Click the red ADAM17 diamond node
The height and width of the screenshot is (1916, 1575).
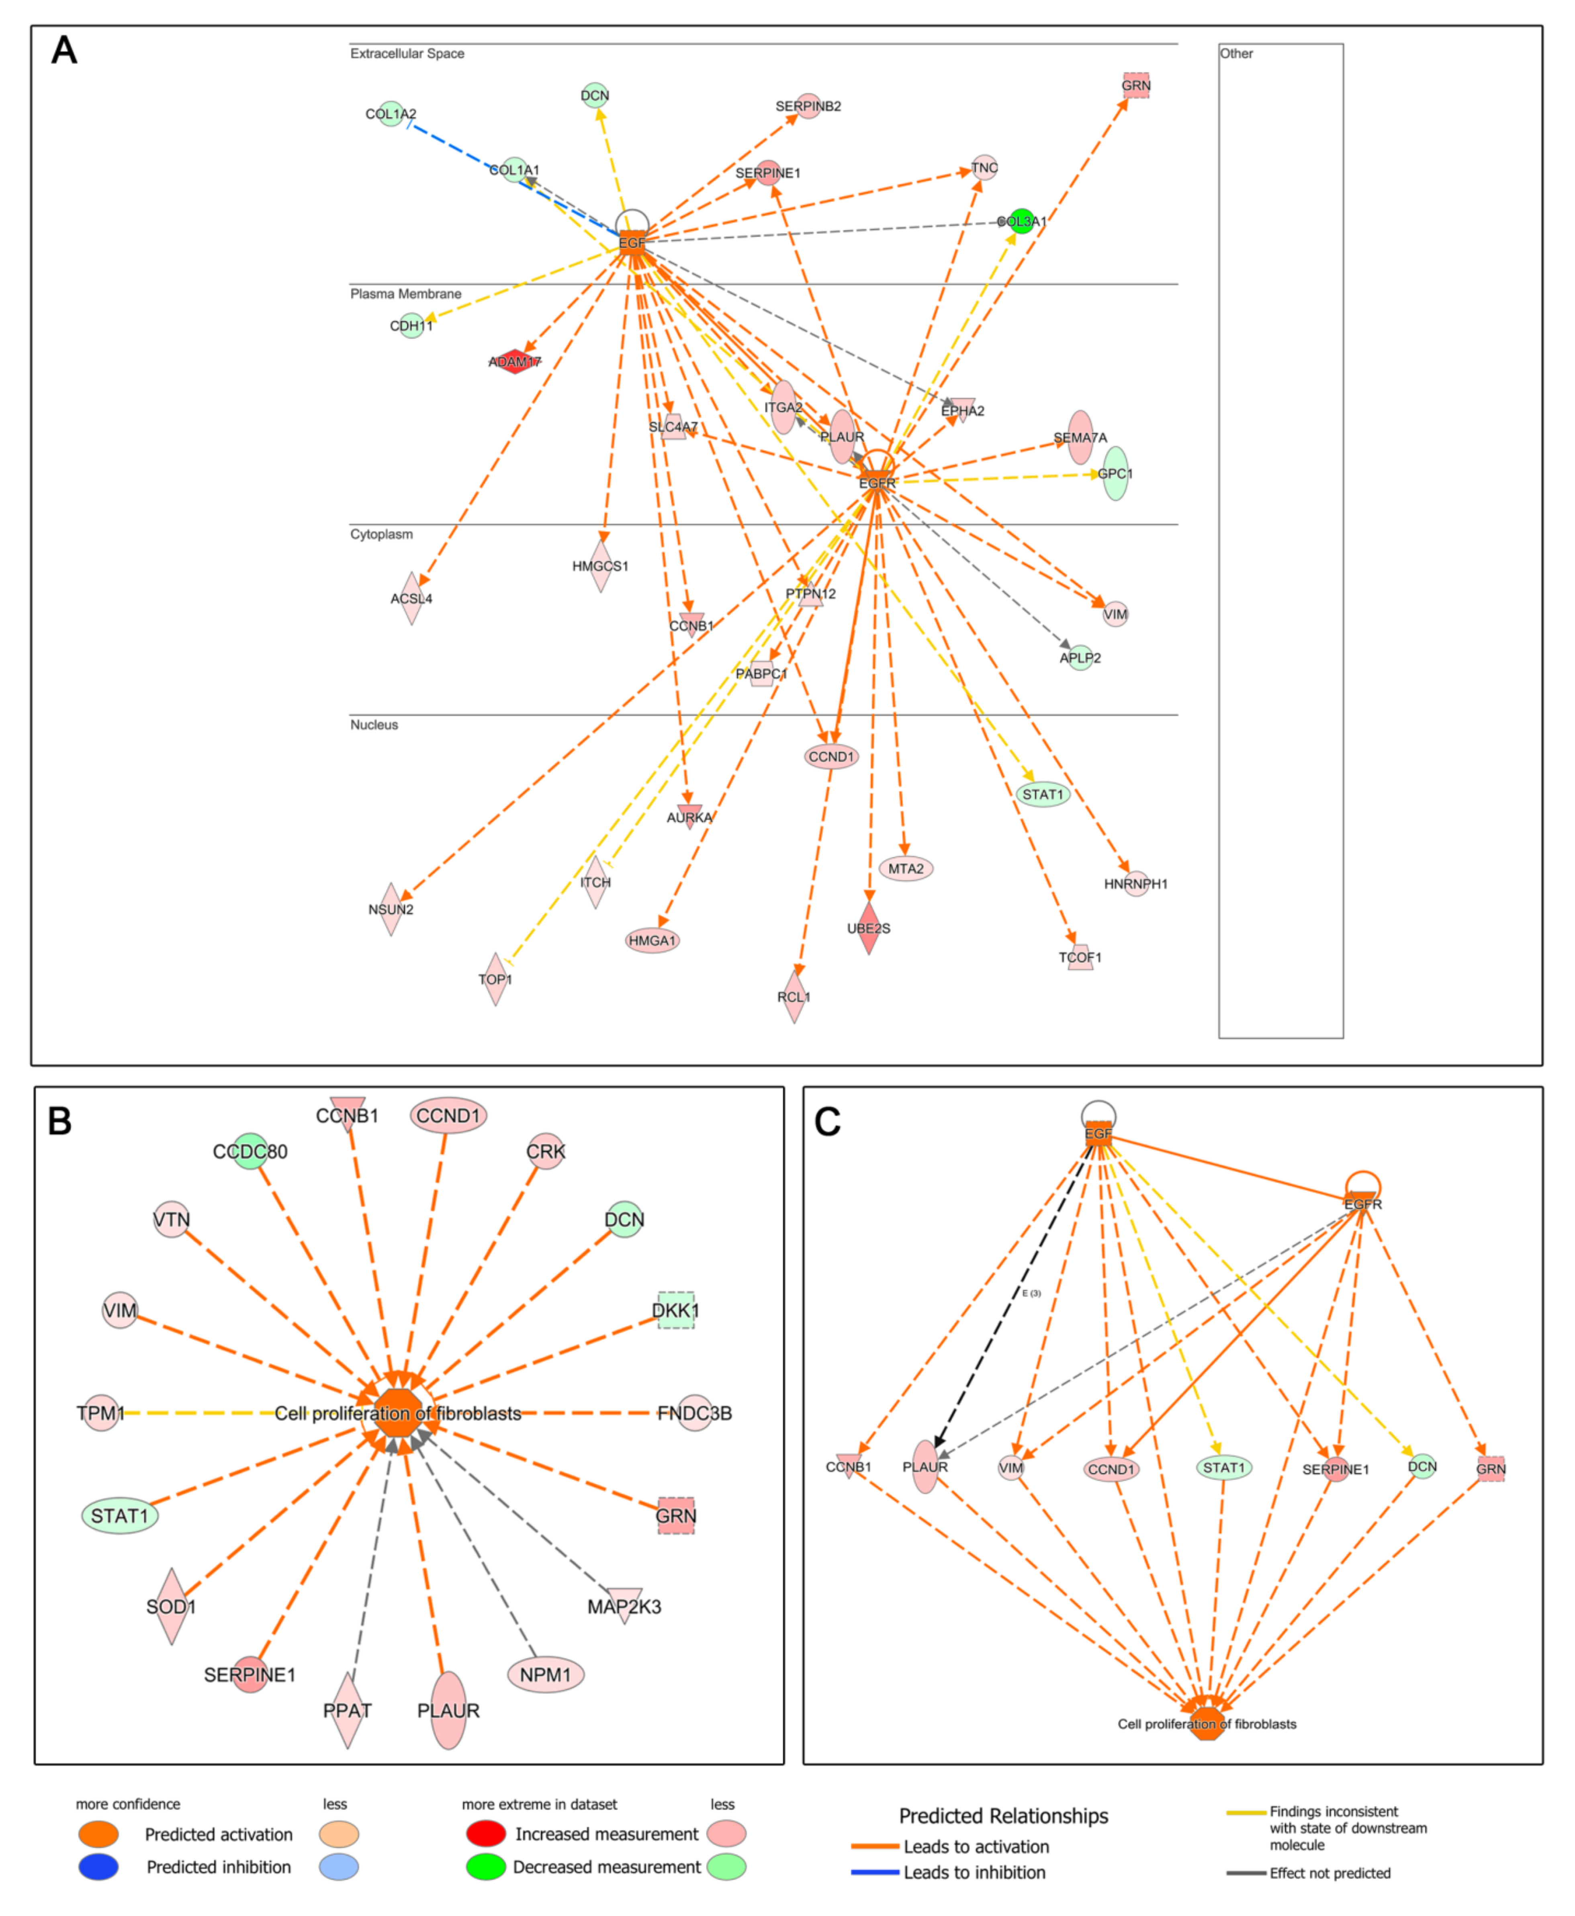click(x=514, y=361)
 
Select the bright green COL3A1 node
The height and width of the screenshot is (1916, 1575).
click(x=1022, y=221)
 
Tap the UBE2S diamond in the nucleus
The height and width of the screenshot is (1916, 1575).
click(x=868, y=927)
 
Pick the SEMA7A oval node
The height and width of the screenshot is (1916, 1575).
click(x=1080, y=437)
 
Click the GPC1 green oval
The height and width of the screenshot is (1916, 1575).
click(x=1115, y=473)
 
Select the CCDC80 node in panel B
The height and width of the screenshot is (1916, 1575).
click(x=250, y=1151)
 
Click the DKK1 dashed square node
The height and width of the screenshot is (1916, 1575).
click(x=676, y=1310)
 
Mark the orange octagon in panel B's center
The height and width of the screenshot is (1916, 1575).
click(x=397, y=1412)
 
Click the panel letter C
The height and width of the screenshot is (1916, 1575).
click(x=827, y=1122)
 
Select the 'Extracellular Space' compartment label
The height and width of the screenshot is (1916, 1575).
click(x=407, y=53)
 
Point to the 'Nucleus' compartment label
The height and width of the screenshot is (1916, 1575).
click(x=374, y=725)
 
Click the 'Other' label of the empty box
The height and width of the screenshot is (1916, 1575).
click(x=1235, y=53)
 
